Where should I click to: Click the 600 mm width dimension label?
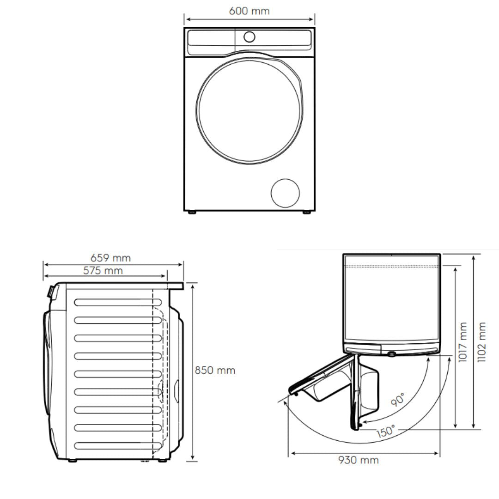click(x=249, y=11)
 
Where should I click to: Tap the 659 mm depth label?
click(x=110, y=258)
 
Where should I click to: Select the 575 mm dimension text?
click(x=103, y=270)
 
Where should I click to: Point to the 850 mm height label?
click(x=215, y=371)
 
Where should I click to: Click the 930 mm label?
click(x=359, y=460)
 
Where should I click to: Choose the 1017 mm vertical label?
click(x=462, y=342)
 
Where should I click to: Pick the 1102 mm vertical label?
click(x=482, y=342)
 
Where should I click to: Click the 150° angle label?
click(x=385, y=432)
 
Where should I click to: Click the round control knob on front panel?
click(x=249, y=37)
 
